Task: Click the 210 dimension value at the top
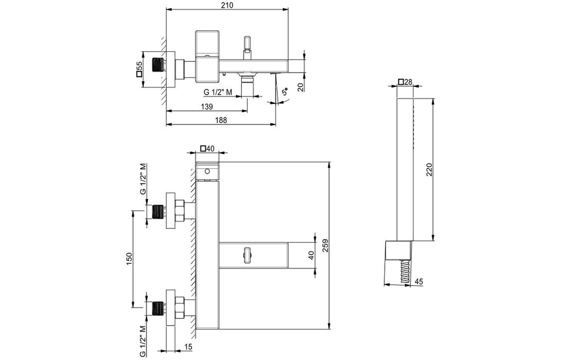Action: [227, 5]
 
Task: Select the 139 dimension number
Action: [207, 106]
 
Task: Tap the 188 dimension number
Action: [221, 120]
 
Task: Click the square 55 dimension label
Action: [139, 70]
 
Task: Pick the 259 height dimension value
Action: [325, 245]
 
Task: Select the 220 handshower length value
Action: [429, 169]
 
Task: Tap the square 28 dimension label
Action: [405, 82]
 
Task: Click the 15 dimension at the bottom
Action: [189, 347]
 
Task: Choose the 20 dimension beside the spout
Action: [300, 87]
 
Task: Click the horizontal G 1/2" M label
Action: [218, 93]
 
